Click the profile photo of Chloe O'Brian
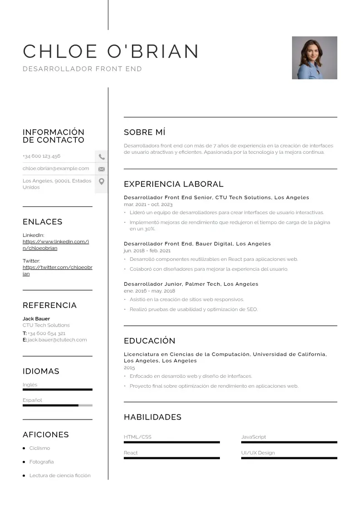pos(314,58)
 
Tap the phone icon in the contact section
pos(102,157)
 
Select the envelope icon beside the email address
pos(102,169)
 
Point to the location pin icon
pos(102,181)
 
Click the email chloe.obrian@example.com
pos(56,169)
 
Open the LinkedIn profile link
pos(56,245)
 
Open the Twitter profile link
pos(57,270)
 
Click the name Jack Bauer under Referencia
pos(36,319)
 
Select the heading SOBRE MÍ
pos(145,132)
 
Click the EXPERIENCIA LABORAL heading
pos(174,184)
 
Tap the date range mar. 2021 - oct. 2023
pos(148,205)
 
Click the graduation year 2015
pos(129,368)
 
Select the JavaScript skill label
pos(253,437)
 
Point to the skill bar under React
pos(171,458)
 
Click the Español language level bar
pos(57,405)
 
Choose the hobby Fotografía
pos(41,462)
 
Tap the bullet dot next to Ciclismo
pos(24,448)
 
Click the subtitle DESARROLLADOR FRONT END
pos(82,69)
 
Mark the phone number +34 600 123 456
pos(41,156)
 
